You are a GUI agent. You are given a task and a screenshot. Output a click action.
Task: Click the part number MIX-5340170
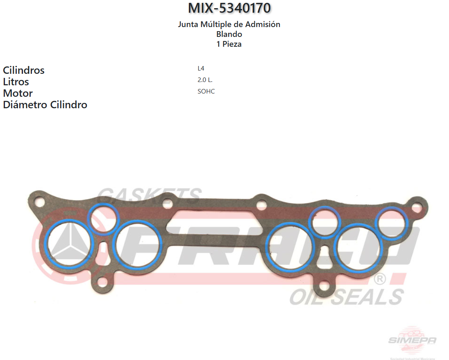pyautogui.click(x=229, y=8)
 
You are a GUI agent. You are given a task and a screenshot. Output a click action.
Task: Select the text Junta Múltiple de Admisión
pyautogui.click(x=229, y=25)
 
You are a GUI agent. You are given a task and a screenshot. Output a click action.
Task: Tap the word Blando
pyautogui.click(x=229, y=34)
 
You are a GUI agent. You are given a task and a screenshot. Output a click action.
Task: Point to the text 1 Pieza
pyautogui.click(x=229, y=44)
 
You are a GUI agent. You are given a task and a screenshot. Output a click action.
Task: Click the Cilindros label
pyautogui.click(x=24, y=70)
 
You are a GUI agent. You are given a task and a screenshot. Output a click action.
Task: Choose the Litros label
pyautogui.click(x=16, y=82)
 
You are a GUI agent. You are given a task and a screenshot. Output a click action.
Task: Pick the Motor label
pyautogui.click(x=18, y=93)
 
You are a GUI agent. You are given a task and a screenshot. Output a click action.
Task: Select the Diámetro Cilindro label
pyautogui.click(x=45, y=105)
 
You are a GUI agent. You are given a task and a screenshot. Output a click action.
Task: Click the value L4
pyautogui.click(x=201, y=68)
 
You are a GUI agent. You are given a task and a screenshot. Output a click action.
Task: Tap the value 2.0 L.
pyautogui.click(x=205, y=80)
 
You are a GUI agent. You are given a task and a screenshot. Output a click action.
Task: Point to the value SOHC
pyautogui.click(x=206, y=91)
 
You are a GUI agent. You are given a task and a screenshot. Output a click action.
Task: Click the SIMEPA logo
pyautogui.click(x=412, y=339)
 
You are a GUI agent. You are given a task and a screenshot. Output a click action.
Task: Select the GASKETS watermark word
pyautogui.click(x=150, y=195)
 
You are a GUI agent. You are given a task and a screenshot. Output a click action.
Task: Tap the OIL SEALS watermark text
pyautogui.click(x=347, y=296)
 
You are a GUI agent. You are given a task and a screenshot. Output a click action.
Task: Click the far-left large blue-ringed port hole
pyautogui.click(x=68, y=244)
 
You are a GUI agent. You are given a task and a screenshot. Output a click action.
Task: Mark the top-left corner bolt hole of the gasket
pyautogui.click(x=39, y=202)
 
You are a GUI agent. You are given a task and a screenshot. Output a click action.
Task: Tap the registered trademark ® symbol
pyautogui.click(x=380, y=280)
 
